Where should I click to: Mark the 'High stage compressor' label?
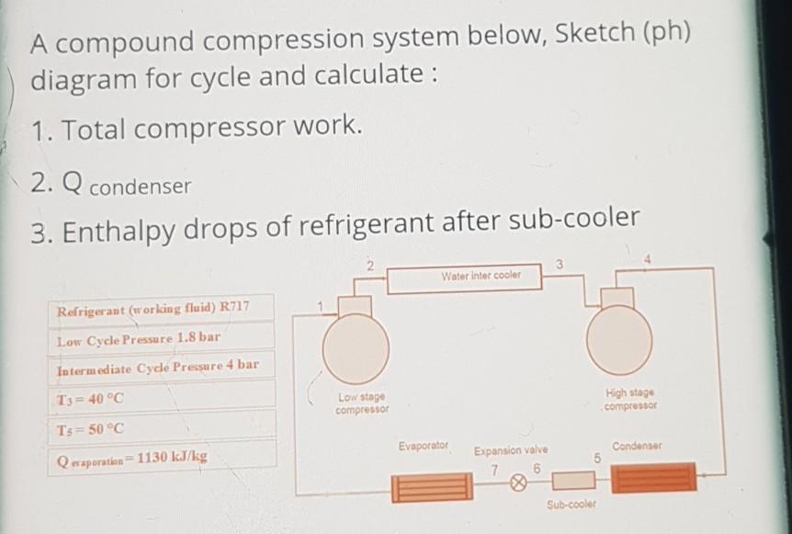pos(629,402)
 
